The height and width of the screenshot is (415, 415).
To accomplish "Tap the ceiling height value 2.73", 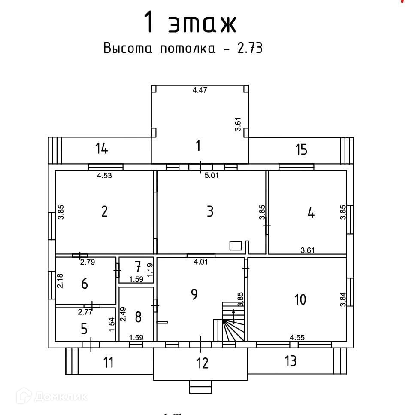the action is click(249, 48).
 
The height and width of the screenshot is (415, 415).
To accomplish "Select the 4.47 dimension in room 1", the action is click(200, 90).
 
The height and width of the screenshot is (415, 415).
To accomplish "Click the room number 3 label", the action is click(210, 211).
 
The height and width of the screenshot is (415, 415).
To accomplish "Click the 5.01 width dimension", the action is click(211, 175).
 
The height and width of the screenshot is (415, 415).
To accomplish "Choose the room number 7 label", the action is click(137, 267).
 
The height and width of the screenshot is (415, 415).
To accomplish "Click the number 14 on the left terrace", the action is click(102, 149).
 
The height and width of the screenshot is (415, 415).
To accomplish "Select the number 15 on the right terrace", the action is click(301, 150).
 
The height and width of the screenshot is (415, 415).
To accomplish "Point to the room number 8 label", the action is click(138, 317).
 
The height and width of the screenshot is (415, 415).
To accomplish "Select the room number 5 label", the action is click(84, 329).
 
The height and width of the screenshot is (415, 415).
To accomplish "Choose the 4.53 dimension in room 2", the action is click(104, 175).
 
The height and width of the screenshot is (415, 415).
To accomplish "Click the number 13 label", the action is click(291, 361).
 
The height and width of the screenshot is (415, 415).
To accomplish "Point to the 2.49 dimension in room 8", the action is click(124, 314).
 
